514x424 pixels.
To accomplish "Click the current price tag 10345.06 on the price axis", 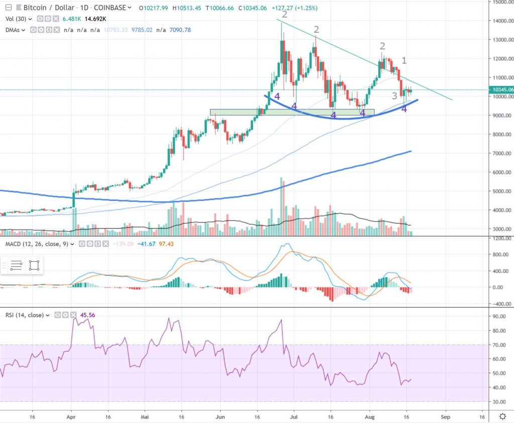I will tap(502, 89).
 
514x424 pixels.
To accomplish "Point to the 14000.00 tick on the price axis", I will tap(502, 21).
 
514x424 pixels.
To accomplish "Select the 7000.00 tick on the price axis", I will tap(502, 153).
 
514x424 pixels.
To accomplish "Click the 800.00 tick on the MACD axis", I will tap(500, 255).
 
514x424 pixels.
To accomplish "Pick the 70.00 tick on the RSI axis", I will tap(499, 345).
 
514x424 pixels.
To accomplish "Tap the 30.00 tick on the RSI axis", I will tap(499, 402).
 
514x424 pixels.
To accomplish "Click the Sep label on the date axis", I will tap(445, 417).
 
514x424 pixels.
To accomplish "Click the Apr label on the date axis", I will tap(71, 417).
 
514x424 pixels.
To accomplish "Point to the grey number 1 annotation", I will tap(404, 61).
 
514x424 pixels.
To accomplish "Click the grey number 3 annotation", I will tap(395, 95).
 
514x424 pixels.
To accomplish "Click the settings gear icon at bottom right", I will tap(502, 416).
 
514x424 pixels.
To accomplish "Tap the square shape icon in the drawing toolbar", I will tap(34, 265).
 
